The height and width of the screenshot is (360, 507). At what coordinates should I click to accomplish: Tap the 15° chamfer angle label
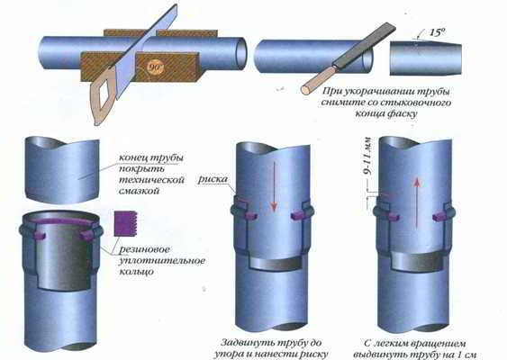point(437,32)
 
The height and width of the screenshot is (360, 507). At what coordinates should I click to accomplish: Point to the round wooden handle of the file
point(319,79)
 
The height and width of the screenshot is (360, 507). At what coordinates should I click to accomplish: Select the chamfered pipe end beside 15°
point(426,58)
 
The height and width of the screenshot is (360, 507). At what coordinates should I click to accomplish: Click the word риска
point(213,179)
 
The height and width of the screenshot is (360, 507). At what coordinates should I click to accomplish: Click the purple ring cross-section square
point(126,223)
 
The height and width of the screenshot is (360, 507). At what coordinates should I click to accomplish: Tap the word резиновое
point(144,249)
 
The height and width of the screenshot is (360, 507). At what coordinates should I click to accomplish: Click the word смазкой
point(140,191)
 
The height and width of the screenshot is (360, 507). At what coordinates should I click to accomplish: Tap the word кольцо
point(137,272)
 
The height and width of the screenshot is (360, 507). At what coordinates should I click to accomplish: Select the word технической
point(151,180)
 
